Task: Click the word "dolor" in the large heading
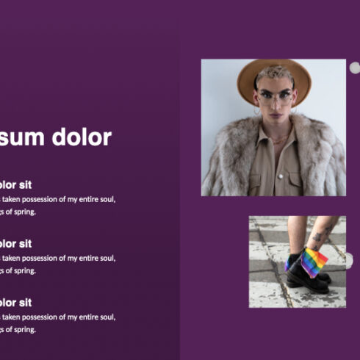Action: [82, 137]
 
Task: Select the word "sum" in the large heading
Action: [24, 137]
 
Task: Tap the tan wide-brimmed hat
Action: [274, 75]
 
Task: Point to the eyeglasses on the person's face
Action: [275, 95]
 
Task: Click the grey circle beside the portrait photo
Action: [354, 68]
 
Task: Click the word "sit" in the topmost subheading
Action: [25, 184]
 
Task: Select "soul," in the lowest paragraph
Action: [106, 317]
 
